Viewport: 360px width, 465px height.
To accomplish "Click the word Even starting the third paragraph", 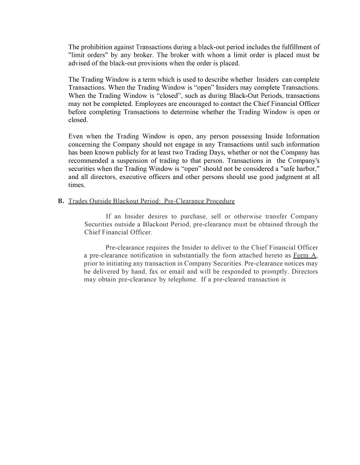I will pos(77,137).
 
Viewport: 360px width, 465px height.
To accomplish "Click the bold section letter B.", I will pos(61,201).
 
